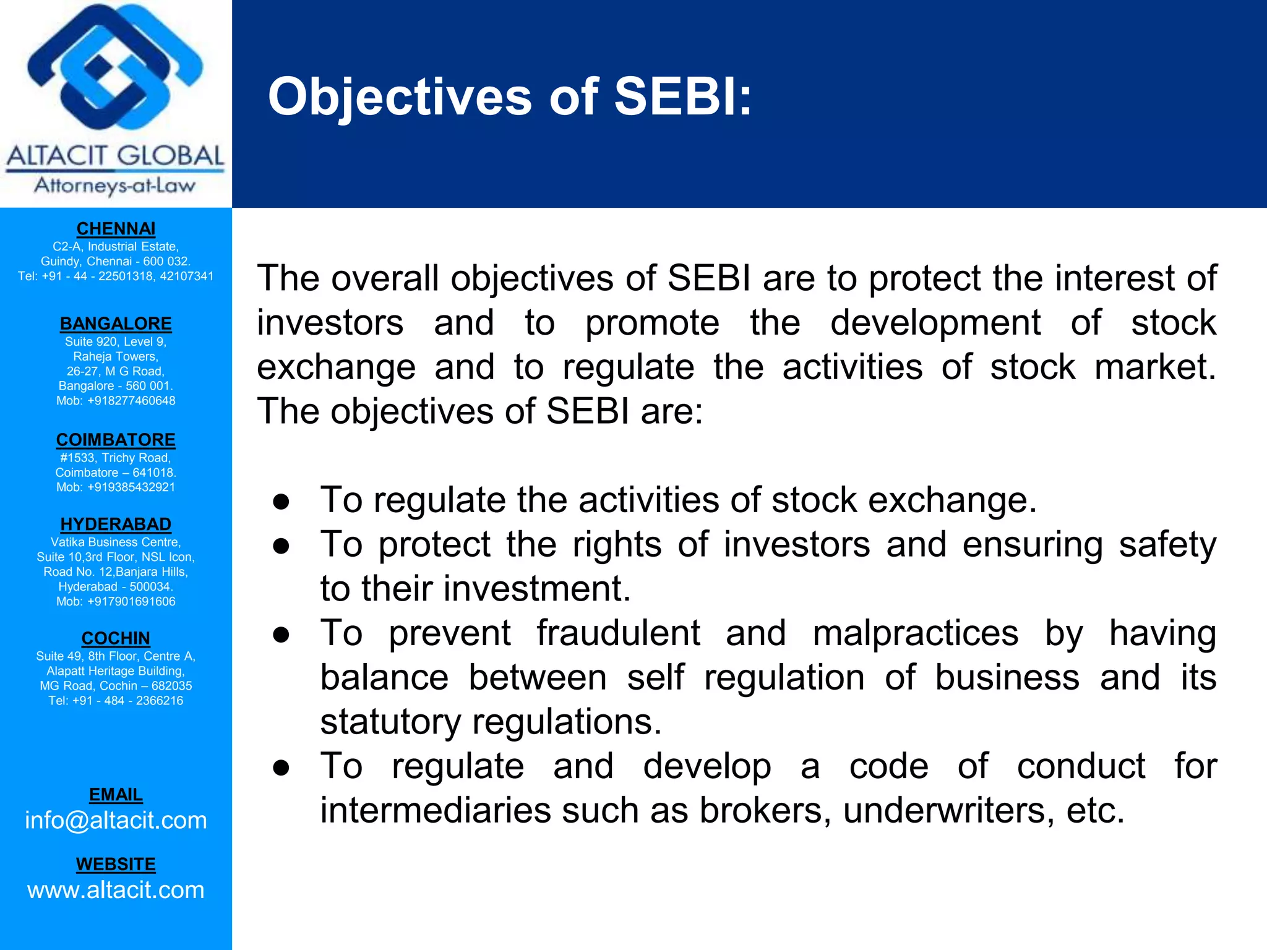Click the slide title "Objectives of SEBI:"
click(x=510, y=97)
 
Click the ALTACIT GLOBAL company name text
click(x=116, y=156)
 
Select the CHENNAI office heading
click(x=116, y=229)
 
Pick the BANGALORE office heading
click(x=116, y=323)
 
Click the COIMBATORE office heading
click(x=116, y=440)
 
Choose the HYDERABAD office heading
click(x=116, y=524)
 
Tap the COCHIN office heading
click(x=116, y=638)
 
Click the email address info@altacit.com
click(x=116, y=820)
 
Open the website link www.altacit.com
click(x=116, y=889)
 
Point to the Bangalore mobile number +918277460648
click(x=131, y=401)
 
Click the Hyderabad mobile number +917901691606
click(x=131, y=601)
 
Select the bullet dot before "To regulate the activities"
click(x=281, y=502)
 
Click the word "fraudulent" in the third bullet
click(x=618, y=633)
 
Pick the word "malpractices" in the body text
click(x=915, y=633)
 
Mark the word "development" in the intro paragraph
click(x=935, y=323)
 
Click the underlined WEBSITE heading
click(x=116, y=864)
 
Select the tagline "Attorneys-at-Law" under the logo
click(x=115, y=185)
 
